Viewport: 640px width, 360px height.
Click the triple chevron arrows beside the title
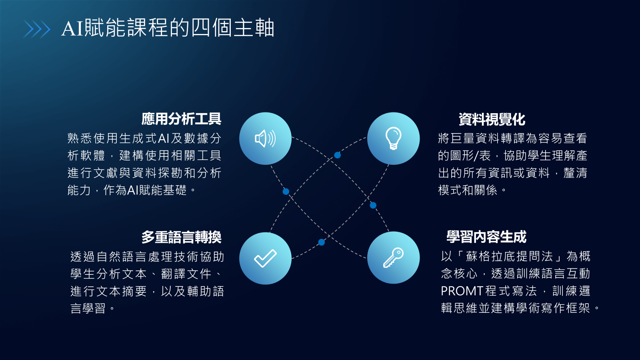pos(36,29)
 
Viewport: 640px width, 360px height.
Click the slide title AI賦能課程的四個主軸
pos(168,28)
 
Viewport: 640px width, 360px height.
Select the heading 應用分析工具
pos(181,119)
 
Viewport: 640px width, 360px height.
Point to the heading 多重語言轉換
pos(182,237)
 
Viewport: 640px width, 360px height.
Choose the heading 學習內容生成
pos(486,237)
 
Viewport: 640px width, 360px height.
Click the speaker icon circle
pos(265,138)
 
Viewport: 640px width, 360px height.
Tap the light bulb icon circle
pos(394,138)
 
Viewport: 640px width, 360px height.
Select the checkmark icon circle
pos(265,258)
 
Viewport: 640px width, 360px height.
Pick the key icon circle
pos(394,258)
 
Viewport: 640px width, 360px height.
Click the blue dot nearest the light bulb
pos(338,155)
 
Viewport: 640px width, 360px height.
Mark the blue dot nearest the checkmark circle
pos(322,242)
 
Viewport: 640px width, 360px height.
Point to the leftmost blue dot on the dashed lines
pos(286,192)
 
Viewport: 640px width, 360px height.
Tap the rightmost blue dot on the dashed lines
pos(373,205)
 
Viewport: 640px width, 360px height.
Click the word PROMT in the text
pos(461,291)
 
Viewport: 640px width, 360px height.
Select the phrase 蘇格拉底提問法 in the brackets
pos(510,256)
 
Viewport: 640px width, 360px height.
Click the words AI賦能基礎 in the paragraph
pos(156,190)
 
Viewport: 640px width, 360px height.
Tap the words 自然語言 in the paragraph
pos(121,256)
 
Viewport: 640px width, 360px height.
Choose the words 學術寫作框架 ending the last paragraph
pos(553,308)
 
